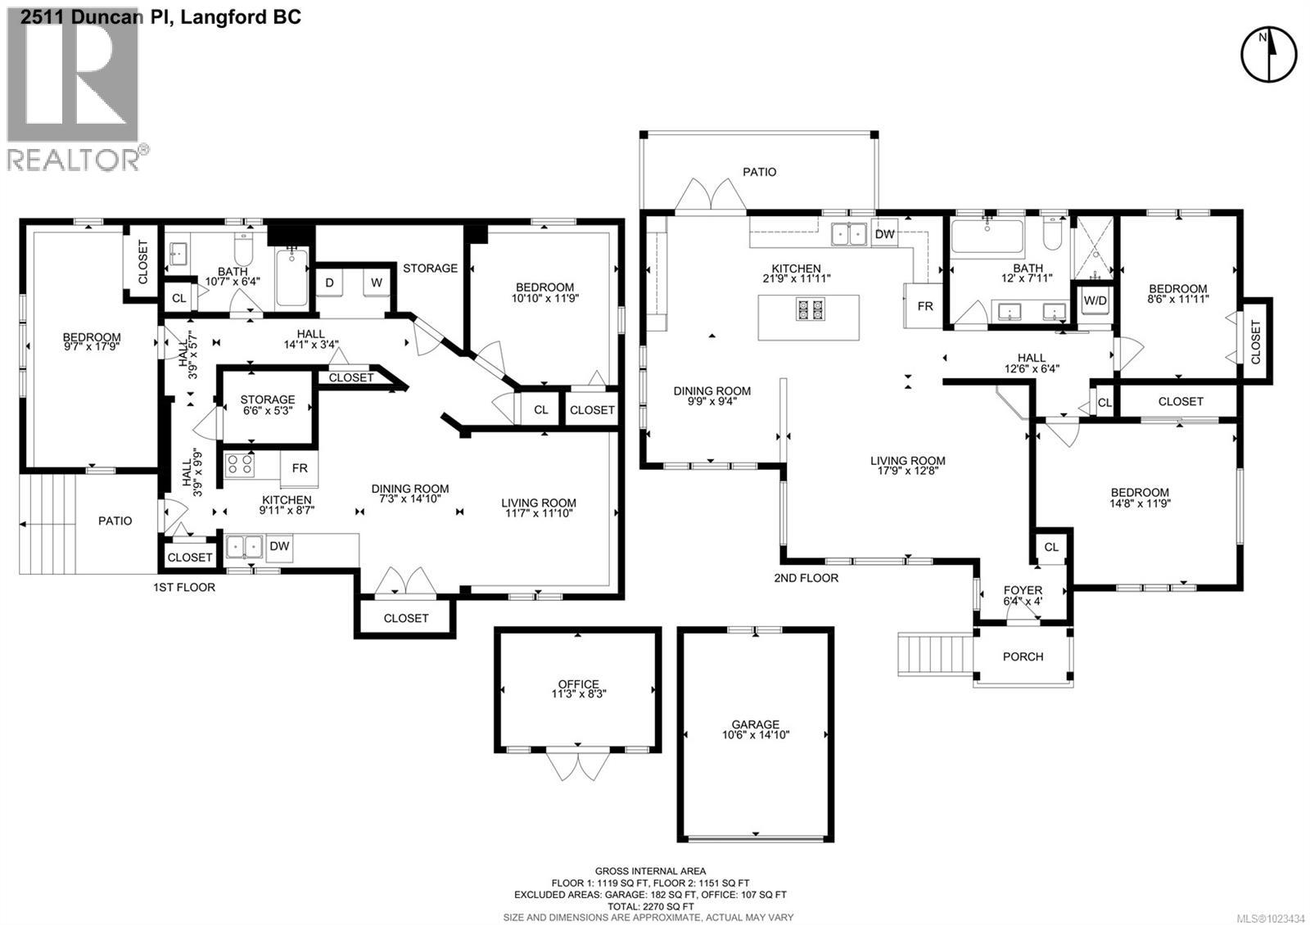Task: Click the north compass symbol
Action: [x=1269, y=54]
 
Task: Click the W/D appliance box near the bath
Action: [x=1095, y=300]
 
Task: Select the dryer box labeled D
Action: [x=330, y=283]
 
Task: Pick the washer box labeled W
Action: [x=376, y=283]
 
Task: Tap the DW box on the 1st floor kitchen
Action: [x=279, y=546]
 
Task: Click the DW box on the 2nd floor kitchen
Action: [x=884, y=234]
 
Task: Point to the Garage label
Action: [x=755, y=724]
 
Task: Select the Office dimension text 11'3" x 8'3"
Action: [x=579, y=693]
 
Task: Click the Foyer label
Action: [x=1023, y=590]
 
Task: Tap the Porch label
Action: [x=1023, y=657]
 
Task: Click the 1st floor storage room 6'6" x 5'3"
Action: [x=268, y=405]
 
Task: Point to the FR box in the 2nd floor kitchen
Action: [x=925, y=306]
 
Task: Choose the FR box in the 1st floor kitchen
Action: [x=300, y=468]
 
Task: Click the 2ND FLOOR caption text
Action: [x=806, y=578]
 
